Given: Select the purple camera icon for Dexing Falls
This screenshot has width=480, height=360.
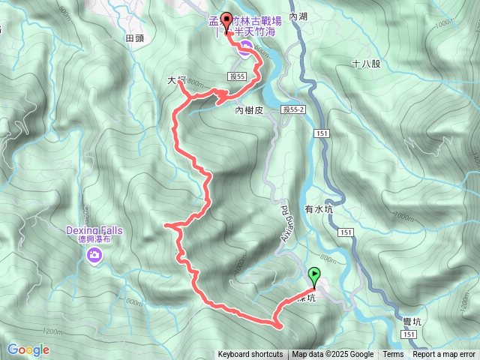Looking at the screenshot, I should (94, 256).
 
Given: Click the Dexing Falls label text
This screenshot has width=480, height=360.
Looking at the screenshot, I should (94, 230).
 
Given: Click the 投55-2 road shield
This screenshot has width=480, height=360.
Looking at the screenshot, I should (294, 109).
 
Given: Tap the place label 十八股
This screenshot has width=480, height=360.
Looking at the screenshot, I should (366, 64).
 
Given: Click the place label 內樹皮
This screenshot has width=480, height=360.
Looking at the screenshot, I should (250, 110).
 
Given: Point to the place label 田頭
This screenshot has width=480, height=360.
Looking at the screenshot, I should (134, 38).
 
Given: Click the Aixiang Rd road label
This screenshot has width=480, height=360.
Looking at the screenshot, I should (285, 218).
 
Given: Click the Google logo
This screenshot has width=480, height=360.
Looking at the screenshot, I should (28, 349).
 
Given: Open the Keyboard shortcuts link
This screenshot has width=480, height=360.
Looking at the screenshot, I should (250, 355).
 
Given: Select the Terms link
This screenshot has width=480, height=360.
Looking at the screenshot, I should (393, 355).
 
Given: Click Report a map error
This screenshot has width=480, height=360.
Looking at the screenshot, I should (444, 355).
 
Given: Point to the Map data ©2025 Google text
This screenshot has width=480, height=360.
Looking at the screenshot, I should (333, 355).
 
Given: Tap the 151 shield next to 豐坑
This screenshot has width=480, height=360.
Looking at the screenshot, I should (409, 335).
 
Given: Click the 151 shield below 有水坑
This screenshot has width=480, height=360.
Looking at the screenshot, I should (346, 233).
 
